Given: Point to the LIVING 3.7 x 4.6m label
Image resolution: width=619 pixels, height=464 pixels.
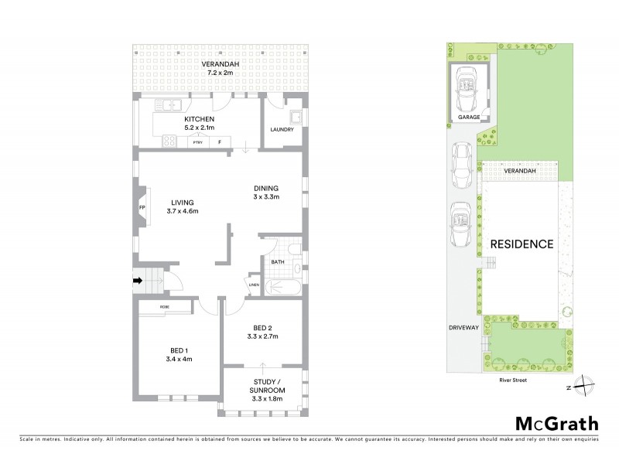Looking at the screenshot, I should pos(183,206).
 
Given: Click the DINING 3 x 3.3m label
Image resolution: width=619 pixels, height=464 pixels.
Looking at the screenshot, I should pos(266,193).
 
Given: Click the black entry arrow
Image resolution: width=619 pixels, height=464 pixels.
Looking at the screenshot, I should pos(139,281).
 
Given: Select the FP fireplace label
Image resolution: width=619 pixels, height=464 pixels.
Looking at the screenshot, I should pos(142,208).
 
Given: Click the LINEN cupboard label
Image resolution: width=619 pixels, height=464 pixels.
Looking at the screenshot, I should pos(254,285).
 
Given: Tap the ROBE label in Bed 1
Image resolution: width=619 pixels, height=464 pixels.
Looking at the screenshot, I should pos(165,307).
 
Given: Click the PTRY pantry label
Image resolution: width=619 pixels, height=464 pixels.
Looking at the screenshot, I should pos(197,142).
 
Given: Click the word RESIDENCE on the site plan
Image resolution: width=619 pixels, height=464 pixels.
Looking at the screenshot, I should pos(522,244).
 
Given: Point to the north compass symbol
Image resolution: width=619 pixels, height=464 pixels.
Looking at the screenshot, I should pos(586,385).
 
